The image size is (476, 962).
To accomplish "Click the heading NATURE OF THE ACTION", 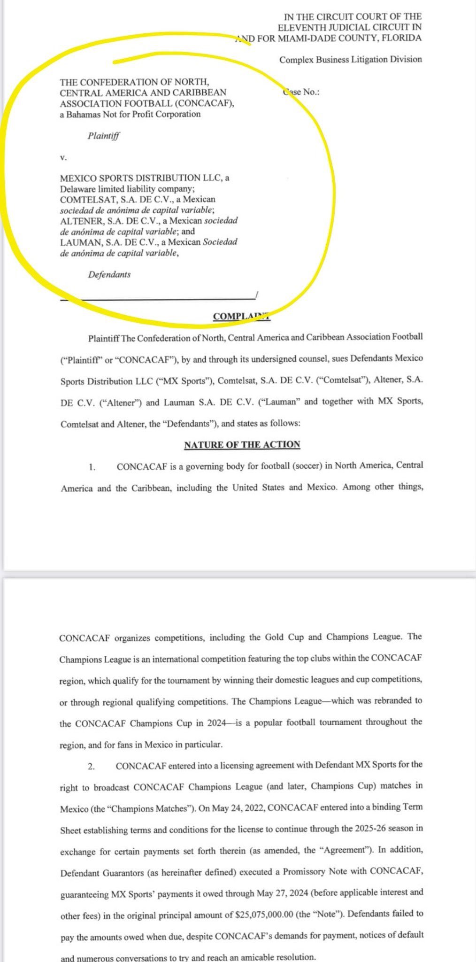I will tap(242, 444).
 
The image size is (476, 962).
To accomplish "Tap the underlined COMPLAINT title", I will tap(241, 316).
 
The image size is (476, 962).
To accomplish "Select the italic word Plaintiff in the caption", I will tap(104, 136).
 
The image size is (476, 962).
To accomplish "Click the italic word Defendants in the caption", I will tap(109, 274).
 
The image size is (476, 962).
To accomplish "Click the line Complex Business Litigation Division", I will tap(350, 59).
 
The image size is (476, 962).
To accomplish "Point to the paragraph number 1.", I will tap(92, 467).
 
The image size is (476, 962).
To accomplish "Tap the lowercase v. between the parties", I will tap(63, 158).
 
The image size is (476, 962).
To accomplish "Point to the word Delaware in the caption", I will tap(77, 189).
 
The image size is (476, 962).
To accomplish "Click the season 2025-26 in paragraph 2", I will tap(357, 828).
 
